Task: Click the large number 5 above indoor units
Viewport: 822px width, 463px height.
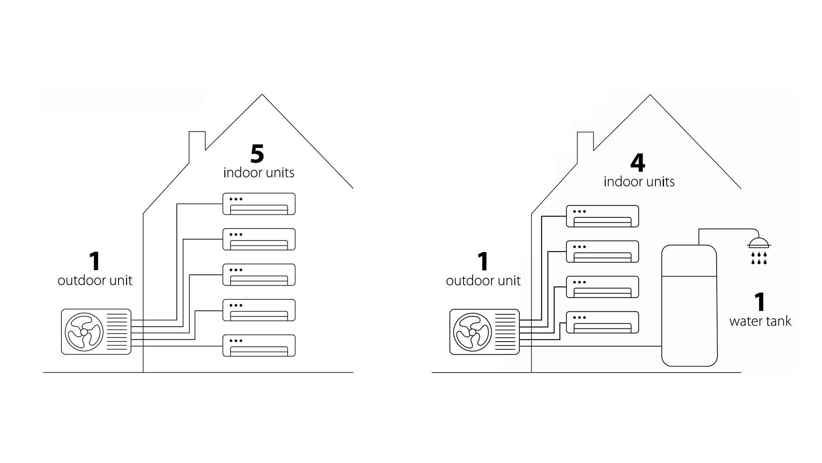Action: (257, 154)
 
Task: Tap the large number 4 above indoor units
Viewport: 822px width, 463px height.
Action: (637, 163)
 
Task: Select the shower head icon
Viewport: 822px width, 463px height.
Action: (759, 244)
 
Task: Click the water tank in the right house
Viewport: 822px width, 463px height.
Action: (689, 305)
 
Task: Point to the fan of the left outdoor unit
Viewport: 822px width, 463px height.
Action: (83, 332)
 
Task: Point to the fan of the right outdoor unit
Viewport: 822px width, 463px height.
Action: (472, 332)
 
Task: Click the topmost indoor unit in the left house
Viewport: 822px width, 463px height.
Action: (259, 204)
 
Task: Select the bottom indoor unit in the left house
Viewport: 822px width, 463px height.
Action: (259, 345)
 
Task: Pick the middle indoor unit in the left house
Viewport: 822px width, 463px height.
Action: (259, 274)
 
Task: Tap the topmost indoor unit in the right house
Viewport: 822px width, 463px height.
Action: (602, 216)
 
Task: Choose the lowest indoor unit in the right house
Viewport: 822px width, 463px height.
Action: (602, 322)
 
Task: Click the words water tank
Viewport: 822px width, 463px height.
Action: (760, 321)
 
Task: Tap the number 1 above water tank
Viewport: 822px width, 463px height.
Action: (759, 302)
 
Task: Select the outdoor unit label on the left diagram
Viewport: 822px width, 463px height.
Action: (95, 281)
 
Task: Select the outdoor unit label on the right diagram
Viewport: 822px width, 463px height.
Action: (483, 281)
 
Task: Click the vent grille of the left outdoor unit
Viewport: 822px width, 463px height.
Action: (117, 332)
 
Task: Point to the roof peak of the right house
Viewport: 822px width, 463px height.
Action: (650, 96)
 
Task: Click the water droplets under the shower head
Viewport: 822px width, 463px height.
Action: (759, 258)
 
